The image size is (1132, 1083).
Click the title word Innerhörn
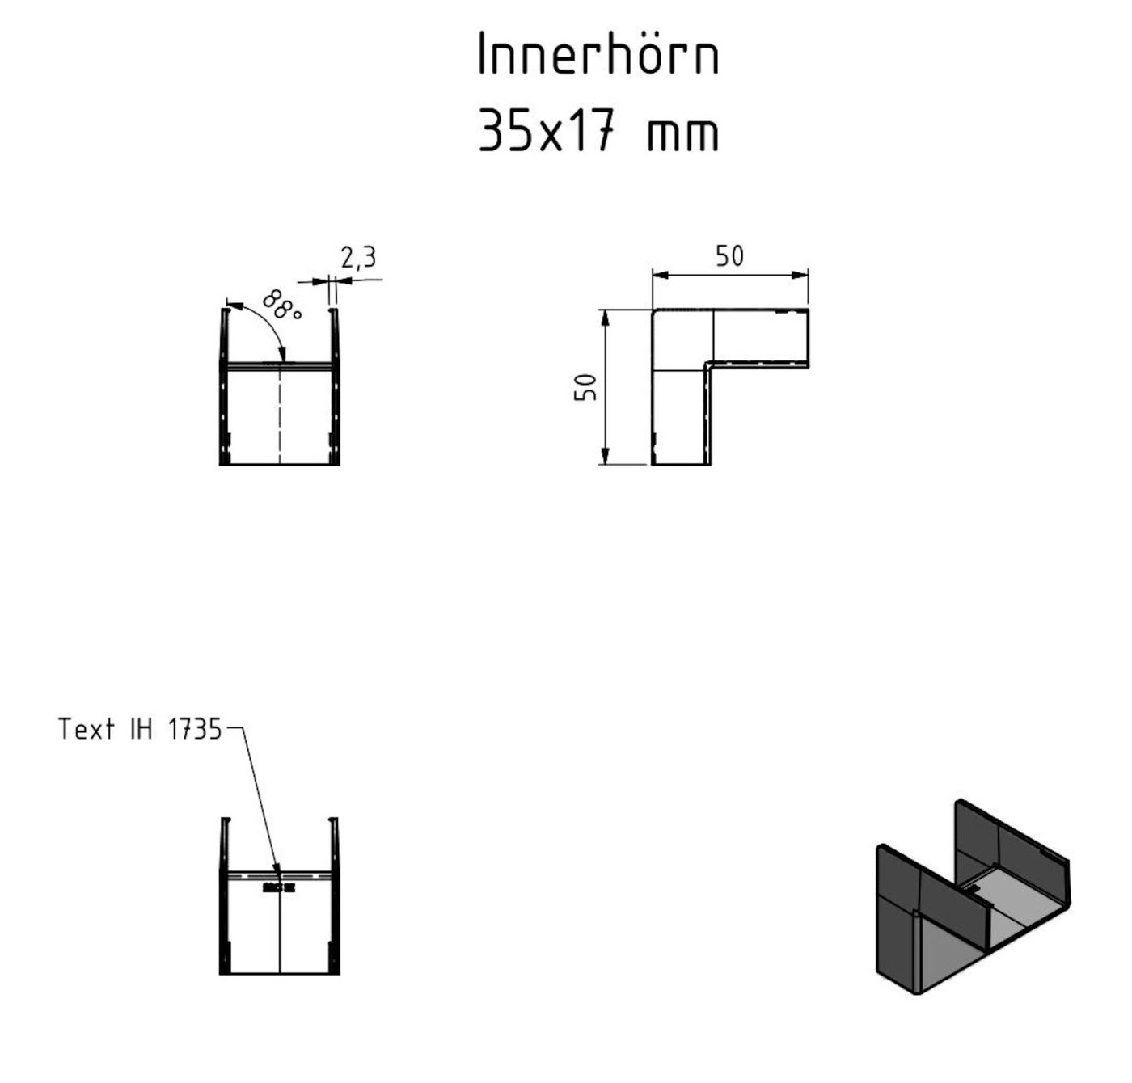tap(598, 57)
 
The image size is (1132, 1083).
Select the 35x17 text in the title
tap(550, 132)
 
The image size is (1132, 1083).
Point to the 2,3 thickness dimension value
tap(358, 258)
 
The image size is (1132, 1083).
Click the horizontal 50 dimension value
tap(729, 256)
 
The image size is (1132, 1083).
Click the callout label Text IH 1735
tap(139, 730)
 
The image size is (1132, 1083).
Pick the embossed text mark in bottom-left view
tap(279, 887)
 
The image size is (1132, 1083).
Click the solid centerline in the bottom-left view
tap(280, 929)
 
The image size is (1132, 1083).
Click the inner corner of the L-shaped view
tap(707, 365)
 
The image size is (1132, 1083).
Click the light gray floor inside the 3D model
tap(954, 954)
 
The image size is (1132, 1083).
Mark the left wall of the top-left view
tap(223, 388)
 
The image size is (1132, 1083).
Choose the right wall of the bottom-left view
tap(335, 897)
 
